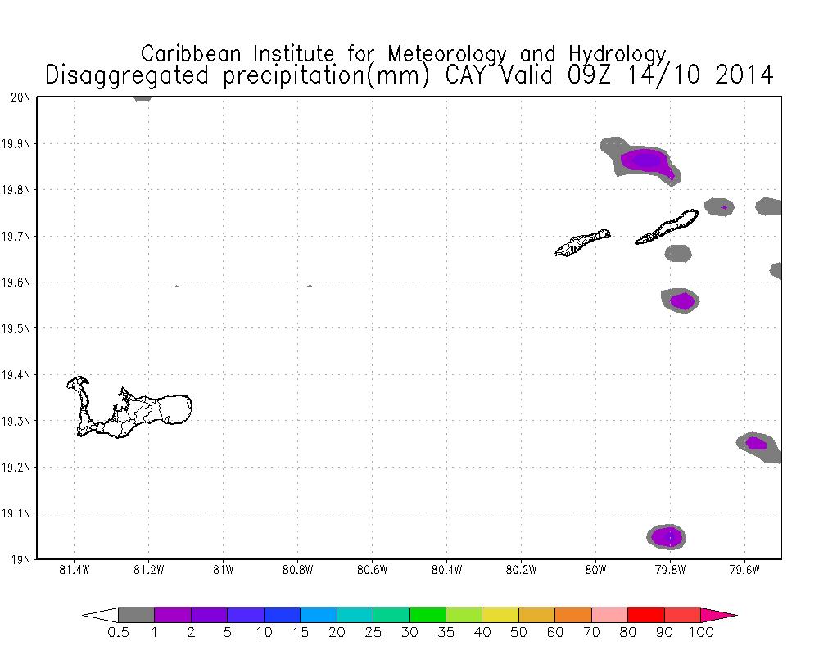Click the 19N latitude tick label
pyautogui.click(x=21, y=560)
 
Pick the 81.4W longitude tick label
pyautogui.click(x=75, y=571)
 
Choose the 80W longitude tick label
pyautogui.click(x=595, y=571)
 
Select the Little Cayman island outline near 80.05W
pyautogui.click(x=581, y=242)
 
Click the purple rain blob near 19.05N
pyautogui.click(x=667, y=537)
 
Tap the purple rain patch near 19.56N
pyautogui.click(x=681, y=301)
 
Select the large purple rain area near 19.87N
pyautogui.click(x=644, y=160)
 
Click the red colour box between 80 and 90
pyautogui.click(x=646, y=615)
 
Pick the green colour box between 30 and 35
pyautogui.click(x=428, y=615)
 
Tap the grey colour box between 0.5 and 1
pyautogui.click(x=136, y=615)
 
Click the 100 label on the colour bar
pyautogui.click(x=701, y=632)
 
